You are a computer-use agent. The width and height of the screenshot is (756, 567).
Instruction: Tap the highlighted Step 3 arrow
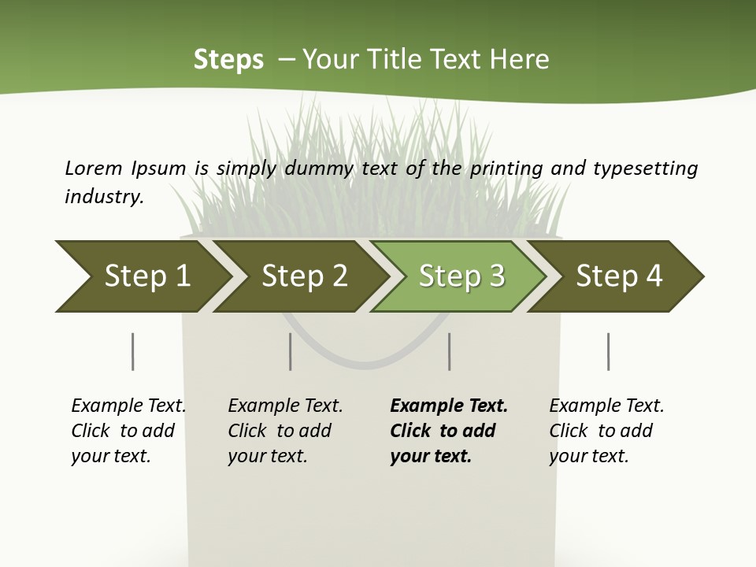click(x=461, y=276)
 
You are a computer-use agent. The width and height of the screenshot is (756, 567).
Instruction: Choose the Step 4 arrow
click(x=619, y=276)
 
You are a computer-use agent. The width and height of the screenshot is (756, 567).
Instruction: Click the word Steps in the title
click(x=228, y=60)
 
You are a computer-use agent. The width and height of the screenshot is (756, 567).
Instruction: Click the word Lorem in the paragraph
click(x=93, y=168)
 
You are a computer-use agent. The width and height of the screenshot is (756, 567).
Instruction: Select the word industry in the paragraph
click(x=104, y=197)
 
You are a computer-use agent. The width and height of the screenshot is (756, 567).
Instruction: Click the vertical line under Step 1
click(x=133, y=351)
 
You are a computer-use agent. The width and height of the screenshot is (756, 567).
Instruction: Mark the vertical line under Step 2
click(x=291, y=351)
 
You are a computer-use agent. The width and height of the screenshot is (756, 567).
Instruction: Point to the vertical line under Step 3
click(x=450, y=351)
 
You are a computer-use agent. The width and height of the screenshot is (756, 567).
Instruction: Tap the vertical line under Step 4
click(x=609, y=351)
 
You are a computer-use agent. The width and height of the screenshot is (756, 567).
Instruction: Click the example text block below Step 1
click(x=128, y=431)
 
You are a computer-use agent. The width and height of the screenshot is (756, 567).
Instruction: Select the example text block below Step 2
click(x=285, y=431)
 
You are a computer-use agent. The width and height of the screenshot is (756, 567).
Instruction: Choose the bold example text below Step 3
click(x=449, y=431)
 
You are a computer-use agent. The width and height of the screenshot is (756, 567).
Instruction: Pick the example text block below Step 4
click(x=606, y=431)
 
